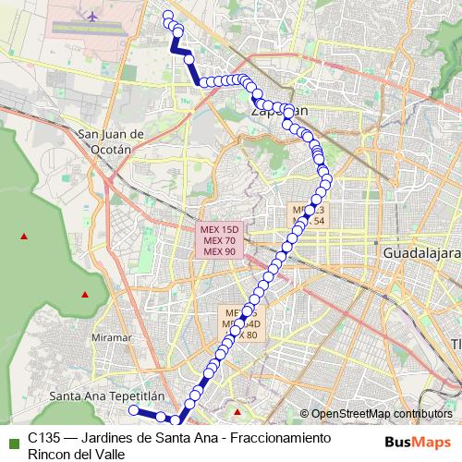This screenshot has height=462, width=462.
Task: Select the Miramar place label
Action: [x=114, y=339]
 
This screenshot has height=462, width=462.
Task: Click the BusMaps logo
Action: [x=417, y=441]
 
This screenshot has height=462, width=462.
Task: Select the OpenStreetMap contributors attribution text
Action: [x=382, y=413]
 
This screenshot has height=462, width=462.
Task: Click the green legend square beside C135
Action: [x=13, y=441]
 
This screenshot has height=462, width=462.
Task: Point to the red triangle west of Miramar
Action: [x=85, y=295]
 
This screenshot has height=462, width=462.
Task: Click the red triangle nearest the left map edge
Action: [x=25, y=237]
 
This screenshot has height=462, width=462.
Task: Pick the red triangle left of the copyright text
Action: [x=237, y=412]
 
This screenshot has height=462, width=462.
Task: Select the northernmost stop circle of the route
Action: [x=167, y=14]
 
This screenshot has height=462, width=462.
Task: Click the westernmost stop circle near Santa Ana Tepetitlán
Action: [x=133, y=409]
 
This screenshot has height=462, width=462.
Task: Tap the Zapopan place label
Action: [x=278, y=109]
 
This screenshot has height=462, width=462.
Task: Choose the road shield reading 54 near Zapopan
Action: [x=309, y=216]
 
